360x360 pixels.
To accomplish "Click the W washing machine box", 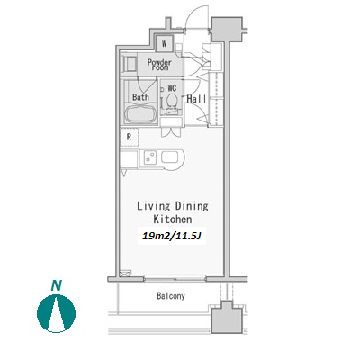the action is (164, 43).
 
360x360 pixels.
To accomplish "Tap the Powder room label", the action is (159, 65).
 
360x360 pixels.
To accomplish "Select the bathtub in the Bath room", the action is (140, 114).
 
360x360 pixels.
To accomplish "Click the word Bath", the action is (140, 97).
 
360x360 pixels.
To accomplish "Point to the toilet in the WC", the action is (172, 103).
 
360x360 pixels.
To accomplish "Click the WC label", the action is (172, 88).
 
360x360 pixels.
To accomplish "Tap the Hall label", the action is (196, 99).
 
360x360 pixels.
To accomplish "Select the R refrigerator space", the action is (130, 137).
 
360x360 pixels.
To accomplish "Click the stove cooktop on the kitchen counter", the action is (149, 157).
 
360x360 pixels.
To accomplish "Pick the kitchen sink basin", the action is (170, 157).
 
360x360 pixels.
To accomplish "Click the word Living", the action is (153, 206).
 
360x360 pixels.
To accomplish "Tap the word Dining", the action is (192, 206).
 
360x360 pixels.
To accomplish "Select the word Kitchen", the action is (173, 220).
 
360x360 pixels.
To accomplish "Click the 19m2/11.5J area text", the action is (172, 237).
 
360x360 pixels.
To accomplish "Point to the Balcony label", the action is (171, 296).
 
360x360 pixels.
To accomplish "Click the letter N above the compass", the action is (56, 285).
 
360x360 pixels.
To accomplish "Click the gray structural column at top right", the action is (227, 29).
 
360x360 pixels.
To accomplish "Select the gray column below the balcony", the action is (227, 319).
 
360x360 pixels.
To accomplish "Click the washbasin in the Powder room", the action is (130, 64).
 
